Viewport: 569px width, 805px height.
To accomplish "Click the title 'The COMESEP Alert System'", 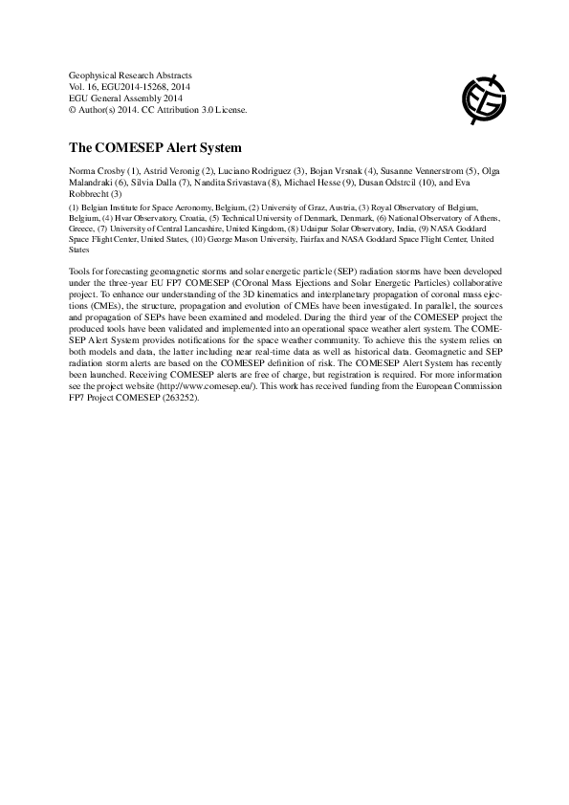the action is [155, 148].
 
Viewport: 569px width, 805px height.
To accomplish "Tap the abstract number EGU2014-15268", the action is [142, 86].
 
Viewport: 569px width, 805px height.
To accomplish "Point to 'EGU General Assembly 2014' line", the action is [124, 98].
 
